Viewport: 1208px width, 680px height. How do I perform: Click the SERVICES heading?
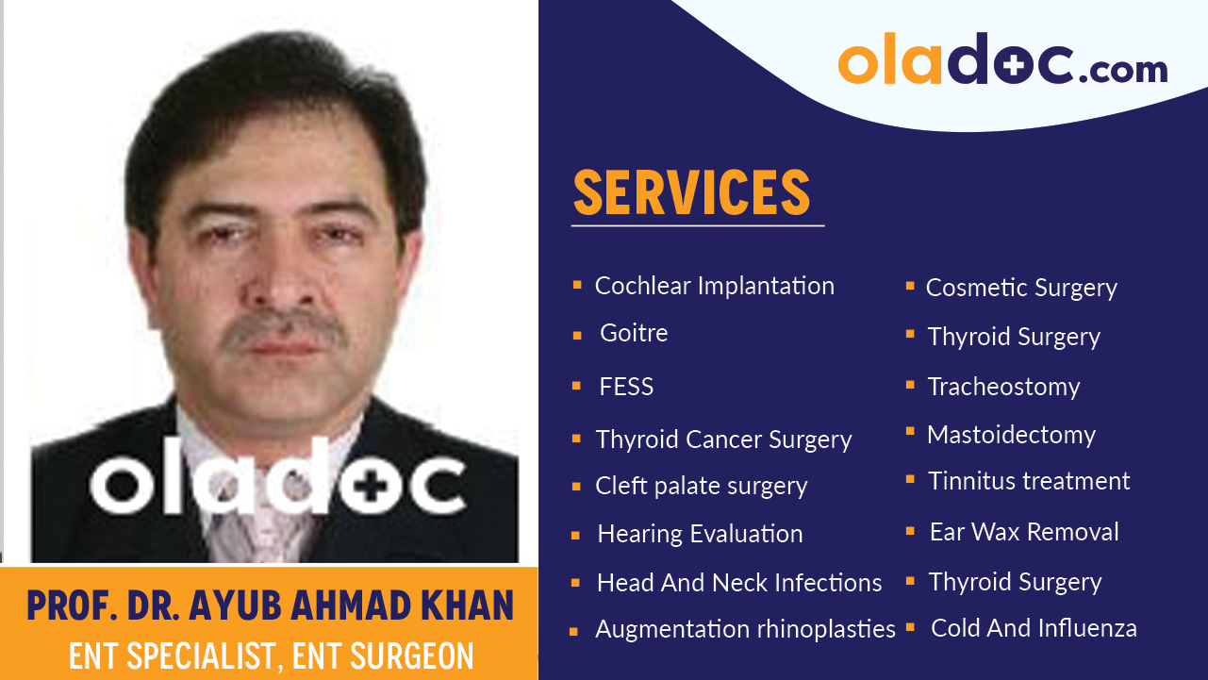click(691, 192)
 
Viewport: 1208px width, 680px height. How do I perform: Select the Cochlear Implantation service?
click(714, 286)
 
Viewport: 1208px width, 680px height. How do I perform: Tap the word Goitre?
click(634, 333)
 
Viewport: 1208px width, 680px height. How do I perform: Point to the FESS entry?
click(626, 387)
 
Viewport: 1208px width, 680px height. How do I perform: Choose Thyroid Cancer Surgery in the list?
click(723, 440)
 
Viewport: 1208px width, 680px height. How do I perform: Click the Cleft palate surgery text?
click(701, 486)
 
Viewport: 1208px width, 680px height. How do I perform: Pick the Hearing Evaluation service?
click(700, 534)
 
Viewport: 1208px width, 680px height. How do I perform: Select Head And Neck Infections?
click(739, 583)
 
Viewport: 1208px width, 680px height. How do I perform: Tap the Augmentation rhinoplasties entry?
click(745, 629)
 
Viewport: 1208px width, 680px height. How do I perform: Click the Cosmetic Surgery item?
click(1021, 288)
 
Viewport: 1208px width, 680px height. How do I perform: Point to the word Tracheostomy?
click(1003, 387)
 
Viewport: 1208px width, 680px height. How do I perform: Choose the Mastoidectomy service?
click(1011, 435)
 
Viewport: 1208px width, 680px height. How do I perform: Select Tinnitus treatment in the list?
click(1029, 481)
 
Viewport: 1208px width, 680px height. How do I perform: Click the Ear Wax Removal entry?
click(1024, 532)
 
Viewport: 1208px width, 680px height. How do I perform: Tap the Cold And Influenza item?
click(1034, 628)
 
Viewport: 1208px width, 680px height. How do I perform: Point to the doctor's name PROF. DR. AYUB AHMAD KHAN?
click(270, 605)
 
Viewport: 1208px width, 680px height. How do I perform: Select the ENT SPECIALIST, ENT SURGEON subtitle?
click(270, 655)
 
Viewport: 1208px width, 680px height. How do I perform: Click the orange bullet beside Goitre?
click(576, 335)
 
